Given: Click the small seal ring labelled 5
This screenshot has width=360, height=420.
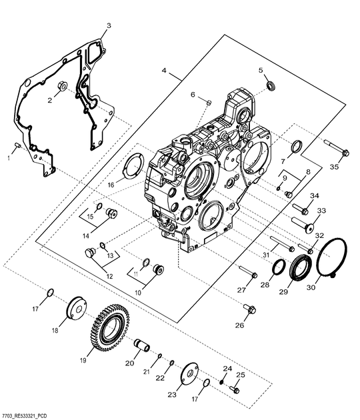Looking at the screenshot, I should click(x=271, y=84).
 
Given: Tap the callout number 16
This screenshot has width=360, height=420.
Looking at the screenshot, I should click(x=112, y=184).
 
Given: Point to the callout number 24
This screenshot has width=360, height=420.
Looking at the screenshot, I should click(x=227, y=368).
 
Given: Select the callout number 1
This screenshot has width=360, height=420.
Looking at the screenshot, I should click(x=9, y=157).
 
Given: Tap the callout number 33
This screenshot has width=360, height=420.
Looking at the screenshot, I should click(x=321, y=211).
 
